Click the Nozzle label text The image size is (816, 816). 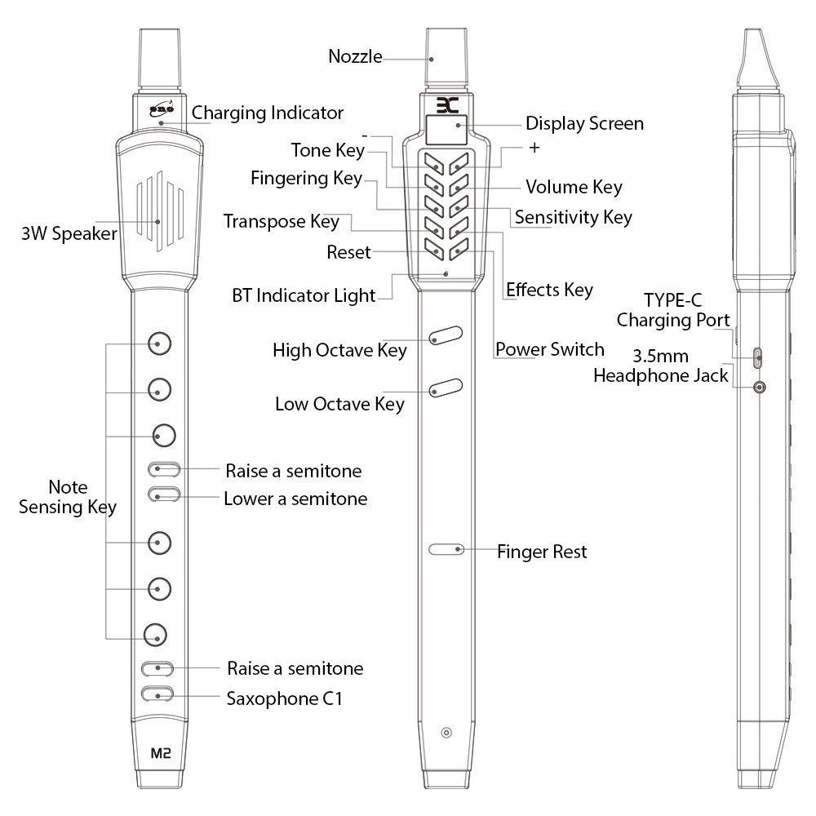pyautogui.click(x=356, y=56)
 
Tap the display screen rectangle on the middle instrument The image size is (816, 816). pyautogui.click(x=446, y=129)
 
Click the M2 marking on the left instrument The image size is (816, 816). pyautogui.click(x=160, y=753)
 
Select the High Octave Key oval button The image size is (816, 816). pyautogui.click(x=446, y=335)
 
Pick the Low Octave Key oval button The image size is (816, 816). pyautogui.click(x=446, y=388)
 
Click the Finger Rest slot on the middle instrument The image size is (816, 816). pyautogui.click(x=446, y=549)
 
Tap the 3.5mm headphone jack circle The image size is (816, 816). pyautogui.click(x=761, y=388)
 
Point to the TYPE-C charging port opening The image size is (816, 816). pyautogui.click(x=758, y=357)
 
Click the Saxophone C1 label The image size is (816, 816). pyautogui.click(x=285, y=698)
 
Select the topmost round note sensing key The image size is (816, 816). pyautogui.click(x=159, y=344)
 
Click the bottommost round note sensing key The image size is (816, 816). pyautogui.click(x=155, y=635)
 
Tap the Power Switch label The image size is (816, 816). pyautogui.click(x=549, y=349)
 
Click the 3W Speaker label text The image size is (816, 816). pyautogui.click(x=69, y=233)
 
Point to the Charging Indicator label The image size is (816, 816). pyautogui.click(x=268, y=113)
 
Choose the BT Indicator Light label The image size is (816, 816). pyautogui.click(x=304, y=295)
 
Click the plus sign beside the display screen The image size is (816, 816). pyautogui.click(x=534, y=148)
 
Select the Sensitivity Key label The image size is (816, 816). pyautogui.click(x=574, y=217)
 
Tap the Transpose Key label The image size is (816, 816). pyautogui.click(x=282, y=221)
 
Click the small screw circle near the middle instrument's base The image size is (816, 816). pyautogui.click(x=446, y=733)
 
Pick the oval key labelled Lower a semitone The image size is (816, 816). pyautogui.click(x=164, y=494)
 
